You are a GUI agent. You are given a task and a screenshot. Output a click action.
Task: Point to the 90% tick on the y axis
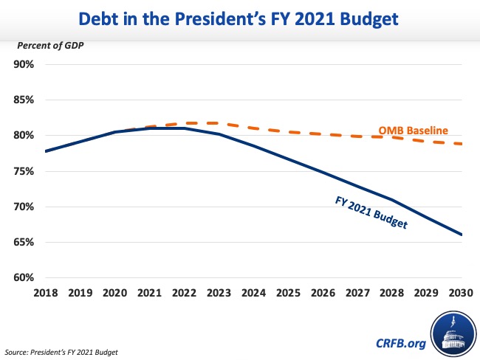point(24,64)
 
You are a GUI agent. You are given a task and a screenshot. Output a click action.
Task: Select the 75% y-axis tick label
point(24,171)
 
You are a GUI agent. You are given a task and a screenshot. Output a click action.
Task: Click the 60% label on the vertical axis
point(24,278)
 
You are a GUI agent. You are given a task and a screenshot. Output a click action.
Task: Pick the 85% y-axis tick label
point(24,100)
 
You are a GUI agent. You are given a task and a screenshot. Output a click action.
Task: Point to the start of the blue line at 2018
point(46,151)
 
